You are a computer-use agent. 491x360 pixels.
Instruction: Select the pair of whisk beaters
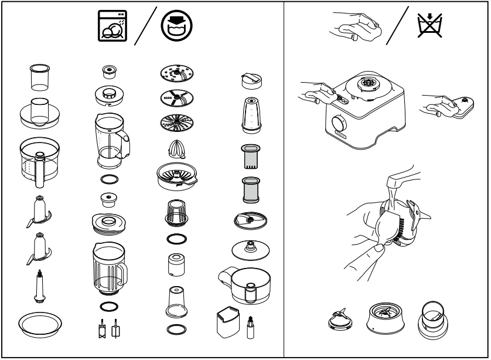[x=109, y=330]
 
